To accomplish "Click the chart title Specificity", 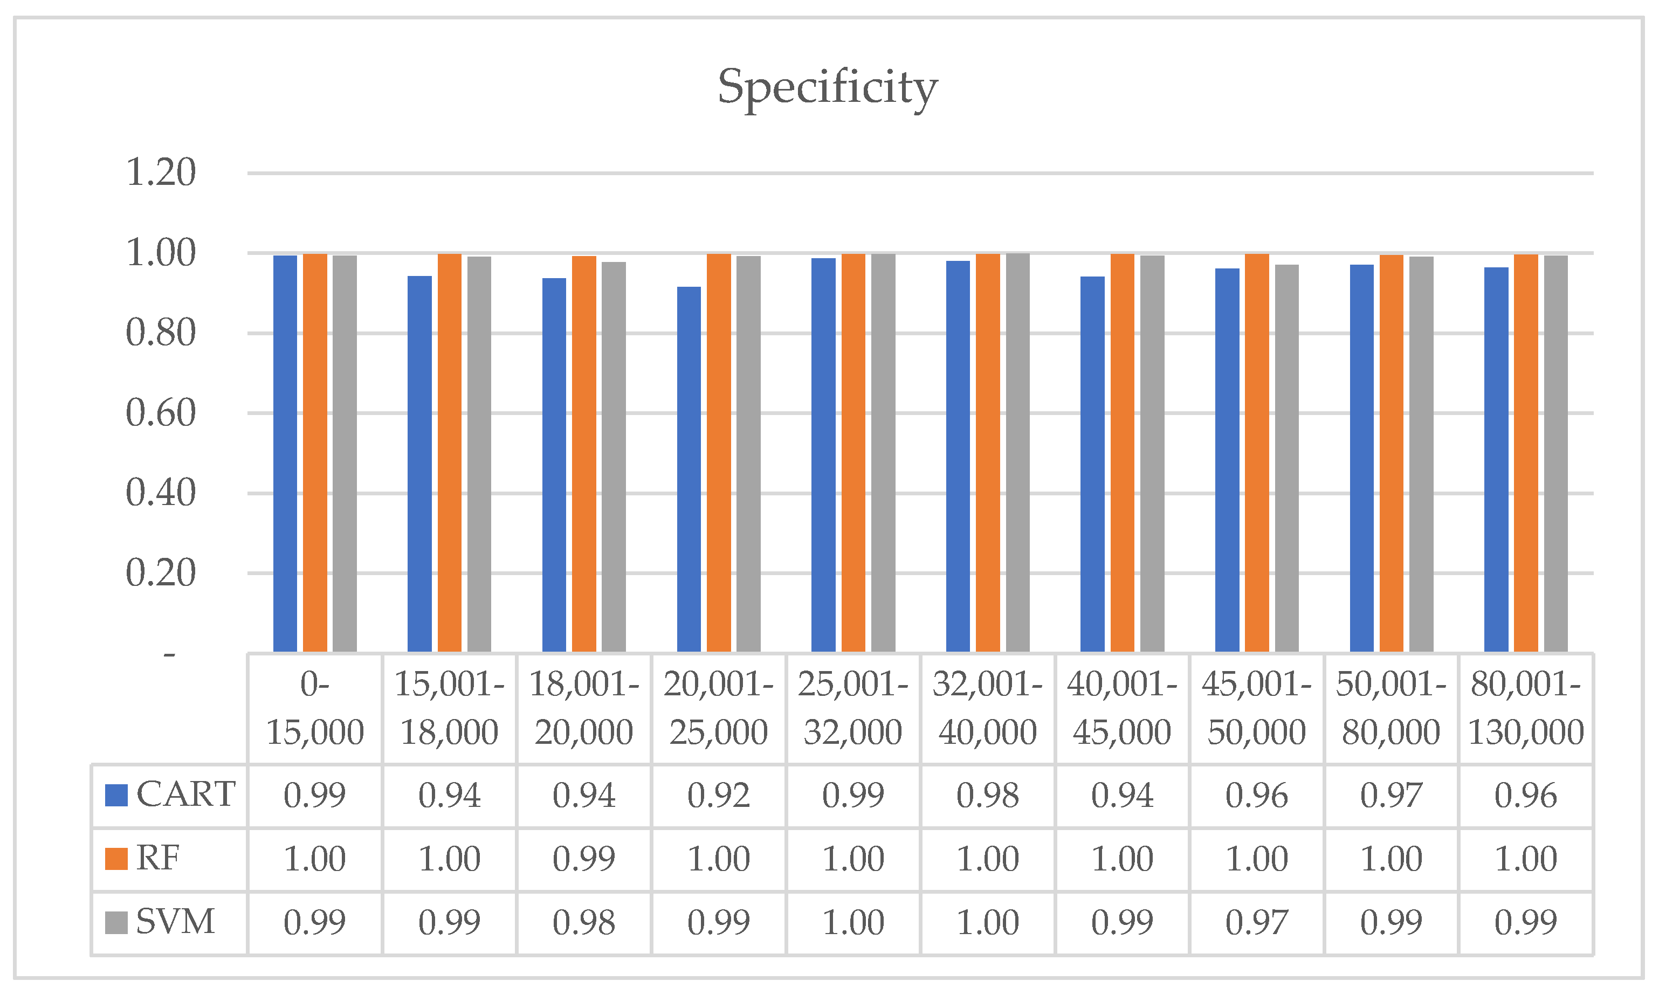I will point(827,87).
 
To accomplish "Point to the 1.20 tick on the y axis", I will point(161,172).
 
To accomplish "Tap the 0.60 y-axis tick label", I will point(161,412).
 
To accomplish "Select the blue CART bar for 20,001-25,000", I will point(689,469).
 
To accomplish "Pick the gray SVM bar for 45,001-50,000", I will point(1286,458).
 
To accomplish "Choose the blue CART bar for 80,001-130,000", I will point(1496,459).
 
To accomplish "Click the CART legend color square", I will point(116,795).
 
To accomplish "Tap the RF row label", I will point(159,858).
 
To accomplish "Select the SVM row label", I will point(175,921).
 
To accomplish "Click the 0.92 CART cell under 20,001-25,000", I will point(718,795).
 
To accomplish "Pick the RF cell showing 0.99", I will point(583,858).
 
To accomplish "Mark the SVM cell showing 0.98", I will point(583,922).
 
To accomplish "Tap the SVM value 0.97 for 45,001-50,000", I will point(1256,922).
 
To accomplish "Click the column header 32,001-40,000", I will point(987,708).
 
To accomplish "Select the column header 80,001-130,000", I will point(1525,708).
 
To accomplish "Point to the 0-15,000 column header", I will point(314,708).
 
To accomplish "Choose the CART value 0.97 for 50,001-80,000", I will point(1391,795).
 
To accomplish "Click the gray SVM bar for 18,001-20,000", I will point(614,457).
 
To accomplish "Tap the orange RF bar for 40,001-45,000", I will point(1123,453).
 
